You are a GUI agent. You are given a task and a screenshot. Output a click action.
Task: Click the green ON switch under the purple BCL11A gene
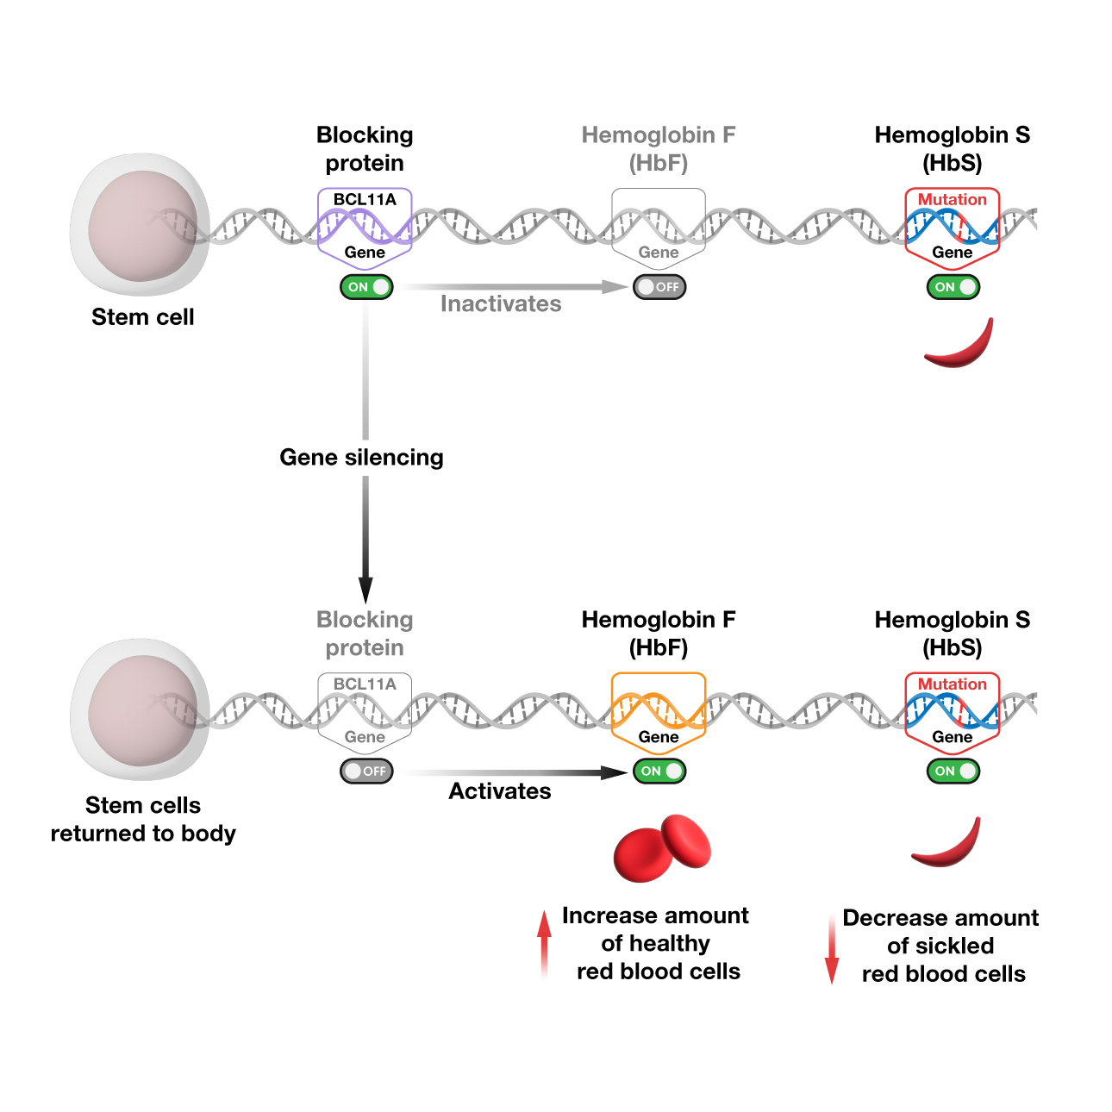pyautogui.click(x=366, y=287)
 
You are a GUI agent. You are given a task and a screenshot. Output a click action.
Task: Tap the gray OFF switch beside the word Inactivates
pyautogui.click(x=659, y=287)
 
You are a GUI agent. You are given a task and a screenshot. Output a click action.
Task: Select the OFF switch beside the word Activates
pyautogui.click(x=366, y=772)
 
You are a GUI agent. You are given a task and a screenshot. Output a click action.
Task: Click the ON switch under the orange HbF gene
pyautogui.click(x=659, y=772)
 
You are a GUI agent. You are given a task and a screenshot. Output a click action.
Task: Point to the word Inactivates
pyautogui.click(x=501, y=304)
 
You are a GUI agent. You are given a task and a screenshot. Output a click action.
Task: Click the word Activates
pyautogui.click(x=500, y=791)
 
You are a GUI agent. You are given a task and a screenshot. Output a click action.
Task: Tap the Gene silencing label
pyautogui.click(x=361, y=458)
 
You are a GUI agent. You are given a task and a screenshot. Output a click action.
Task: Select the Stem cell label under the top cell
pyautogui.click(x=143, y=317)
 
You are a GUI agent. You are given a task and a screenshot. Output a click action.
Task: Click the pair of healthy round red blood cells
pyautogui.click(x=662, y=848)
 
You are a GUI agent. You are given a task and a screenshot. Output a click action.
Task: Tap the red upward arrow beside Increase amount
pyautogui.click(x=544, y=943)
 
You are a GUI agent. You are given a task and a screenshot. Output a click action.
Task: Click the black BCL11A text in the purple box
pyautogui.click(x=365, y=200)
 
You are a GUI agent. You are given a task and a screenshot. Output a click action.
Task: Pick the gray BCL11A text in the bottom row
pyautogui.click(x=365, y=684)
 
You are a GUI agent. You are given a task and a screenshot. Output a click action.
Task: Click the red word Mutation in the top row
pyautogui.click(x=952, y=200)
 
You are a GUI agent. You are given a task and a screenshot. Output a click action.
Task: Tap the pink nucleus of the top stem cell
pyautogui.click(x=142, y=226)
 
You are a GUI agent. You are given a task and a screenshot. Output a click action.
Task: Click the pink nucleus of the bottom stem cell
pyautogui.click(x=142, y=710)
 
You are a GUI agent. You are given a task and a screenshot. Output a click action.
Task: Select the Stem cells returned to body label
pyautogui.click(x=143, y=819)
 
